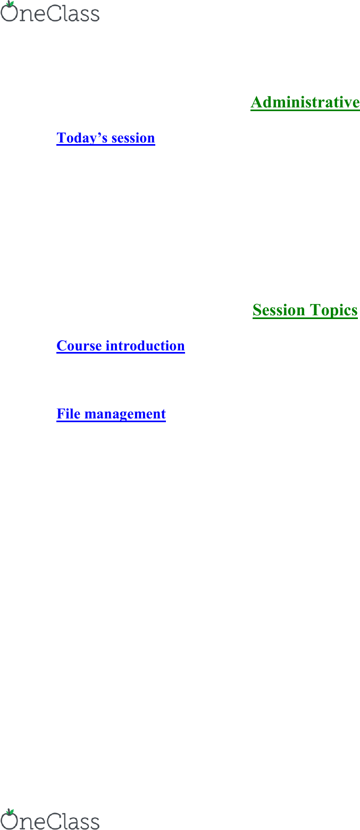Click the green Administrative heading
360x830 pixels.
(305, 102)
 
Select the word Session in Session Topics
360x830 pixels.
(279, 310)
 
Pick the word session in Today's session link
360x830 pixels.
(133, 138)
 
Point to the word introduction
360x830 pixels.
(145, 346)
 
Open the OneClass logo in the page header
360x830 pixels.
(50, 12)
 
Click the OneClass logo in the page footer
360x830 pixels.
(50, 819)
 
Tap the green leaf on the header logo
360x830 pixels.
(11, 4)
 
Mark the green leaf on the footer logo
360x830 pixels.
(11, 812)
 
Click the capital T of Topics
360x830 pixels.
(315, 310)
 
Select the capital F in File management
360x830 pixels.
(61, 414)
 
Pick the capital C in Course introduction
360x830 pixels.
(62, 346)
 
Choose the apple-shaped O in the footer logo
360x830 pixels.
(9, 821)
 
